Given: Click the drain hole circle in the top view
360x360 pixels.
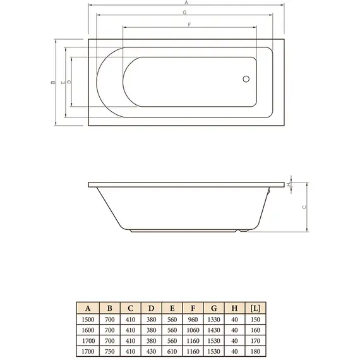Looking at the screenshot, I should [246, 80].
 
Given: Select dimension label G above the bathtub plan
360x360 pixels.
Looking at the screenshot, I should [184, 13].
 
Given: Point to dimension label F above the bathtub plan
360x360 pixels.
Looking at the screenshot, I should [189, 24].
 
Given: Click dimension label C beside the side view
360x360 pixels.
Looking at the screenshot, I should [304, 207].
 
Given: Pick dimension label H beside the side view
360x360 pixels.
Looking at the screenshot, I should [289, 184].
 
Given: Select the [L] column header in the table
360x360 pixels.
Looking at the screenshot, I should [256, 308].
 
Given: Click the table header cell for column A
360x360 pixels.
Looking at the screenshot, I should [88, 308].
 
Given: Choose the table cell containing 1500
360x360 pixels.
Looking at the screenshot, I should [88, 320].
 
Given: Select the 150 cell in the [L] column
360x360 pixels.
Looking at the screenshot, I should [256, 320].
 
